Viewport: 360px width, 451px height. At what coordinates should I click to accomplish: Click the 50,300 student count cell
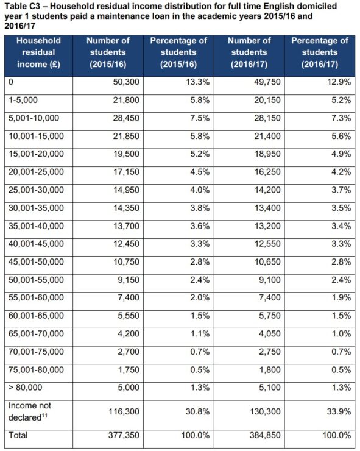tap(126, 82)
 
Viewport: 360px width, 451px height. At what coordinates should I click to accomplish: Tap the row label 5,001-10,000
tap(34, 118)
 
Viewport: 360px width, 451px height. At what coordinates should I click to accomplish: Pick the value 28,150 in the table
tap(267, 118)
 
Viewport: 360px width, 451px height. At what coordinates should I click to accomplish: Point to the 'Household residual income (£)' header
tap(38, 52)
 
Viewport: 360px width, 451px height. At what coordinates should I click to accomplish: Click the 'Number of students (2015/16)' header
tap(108, 52)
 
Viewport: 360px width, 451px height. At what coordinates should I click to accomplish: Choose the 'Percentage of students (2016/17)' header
tap(320, 52)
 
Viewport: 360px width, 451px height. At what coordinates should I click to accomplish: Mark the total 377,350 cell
tap(124, 435)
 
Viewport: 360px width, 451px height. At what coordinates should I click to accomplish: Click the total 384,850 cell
tap(265, 435)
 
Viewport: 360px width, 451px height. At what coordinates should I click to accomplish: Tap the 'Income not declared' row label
tap(30, 411)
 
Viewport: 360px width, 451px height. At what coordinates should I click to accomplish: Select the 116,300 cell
tap(124, 411)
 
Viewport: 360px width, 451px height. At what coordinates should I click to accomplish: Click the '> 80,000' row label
tap(26, 388)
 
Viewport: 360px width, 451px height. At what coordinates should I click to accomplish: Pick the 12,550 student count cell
tap(267, 244)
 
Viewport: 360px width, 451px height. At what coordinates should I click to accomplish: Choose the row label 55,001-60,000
tap(36, 297)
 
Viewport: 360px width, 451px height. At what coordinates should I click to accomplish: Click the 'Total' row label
tap(18, 435)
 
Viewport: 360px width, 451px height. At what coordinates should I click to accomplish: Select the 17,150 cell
tap(126, 172)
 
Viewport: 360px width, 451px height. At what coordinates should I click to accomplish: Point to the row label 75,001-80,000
tap(36, 369)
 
